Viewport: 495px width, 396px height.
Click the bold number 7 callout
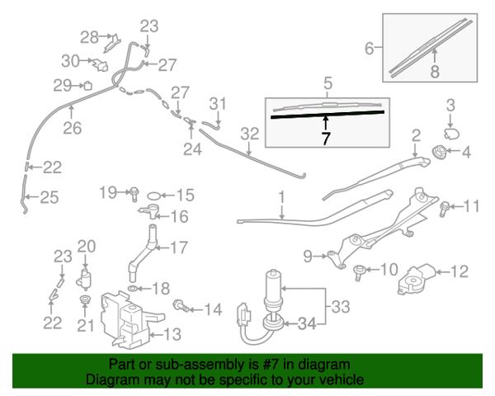tap(326, 139)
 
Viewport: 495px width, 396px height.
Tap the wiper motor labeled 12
tap(416, 280)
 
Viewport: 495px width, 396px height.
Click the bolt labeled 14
tap(181, 306)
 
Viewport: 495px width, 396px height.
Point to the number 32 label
tap(250, 134)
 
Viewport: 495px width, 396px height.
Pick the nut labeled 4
tap(439, 151)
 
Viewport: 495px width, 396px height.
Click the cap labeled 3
tap(451, 134)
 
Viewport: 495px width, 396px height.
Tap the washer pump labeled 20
tap(83, 279)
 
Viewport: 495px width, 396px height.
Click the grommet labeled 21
tap(85, 299)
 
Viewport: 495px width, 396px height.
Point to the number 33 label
tap(340, 307)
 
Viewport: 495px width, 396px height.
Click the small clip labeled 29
tap(87, 86)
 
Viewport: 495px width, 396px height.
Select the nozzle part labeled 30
tap(100, 64)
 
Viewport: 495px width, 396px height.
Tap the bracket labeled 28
tap(112, 43)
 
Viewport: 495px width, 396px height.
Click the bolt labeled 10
tap(359, 272)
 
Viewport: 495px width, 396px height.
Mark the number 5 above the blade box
tap(328, 83)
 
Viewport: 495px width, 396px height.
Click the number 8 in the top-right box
tap(435, 72)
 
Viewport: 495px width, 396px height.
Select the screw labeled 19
tap(134, 194)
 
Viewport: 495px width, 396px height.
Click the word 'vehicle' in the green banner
tap(339, 379)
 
